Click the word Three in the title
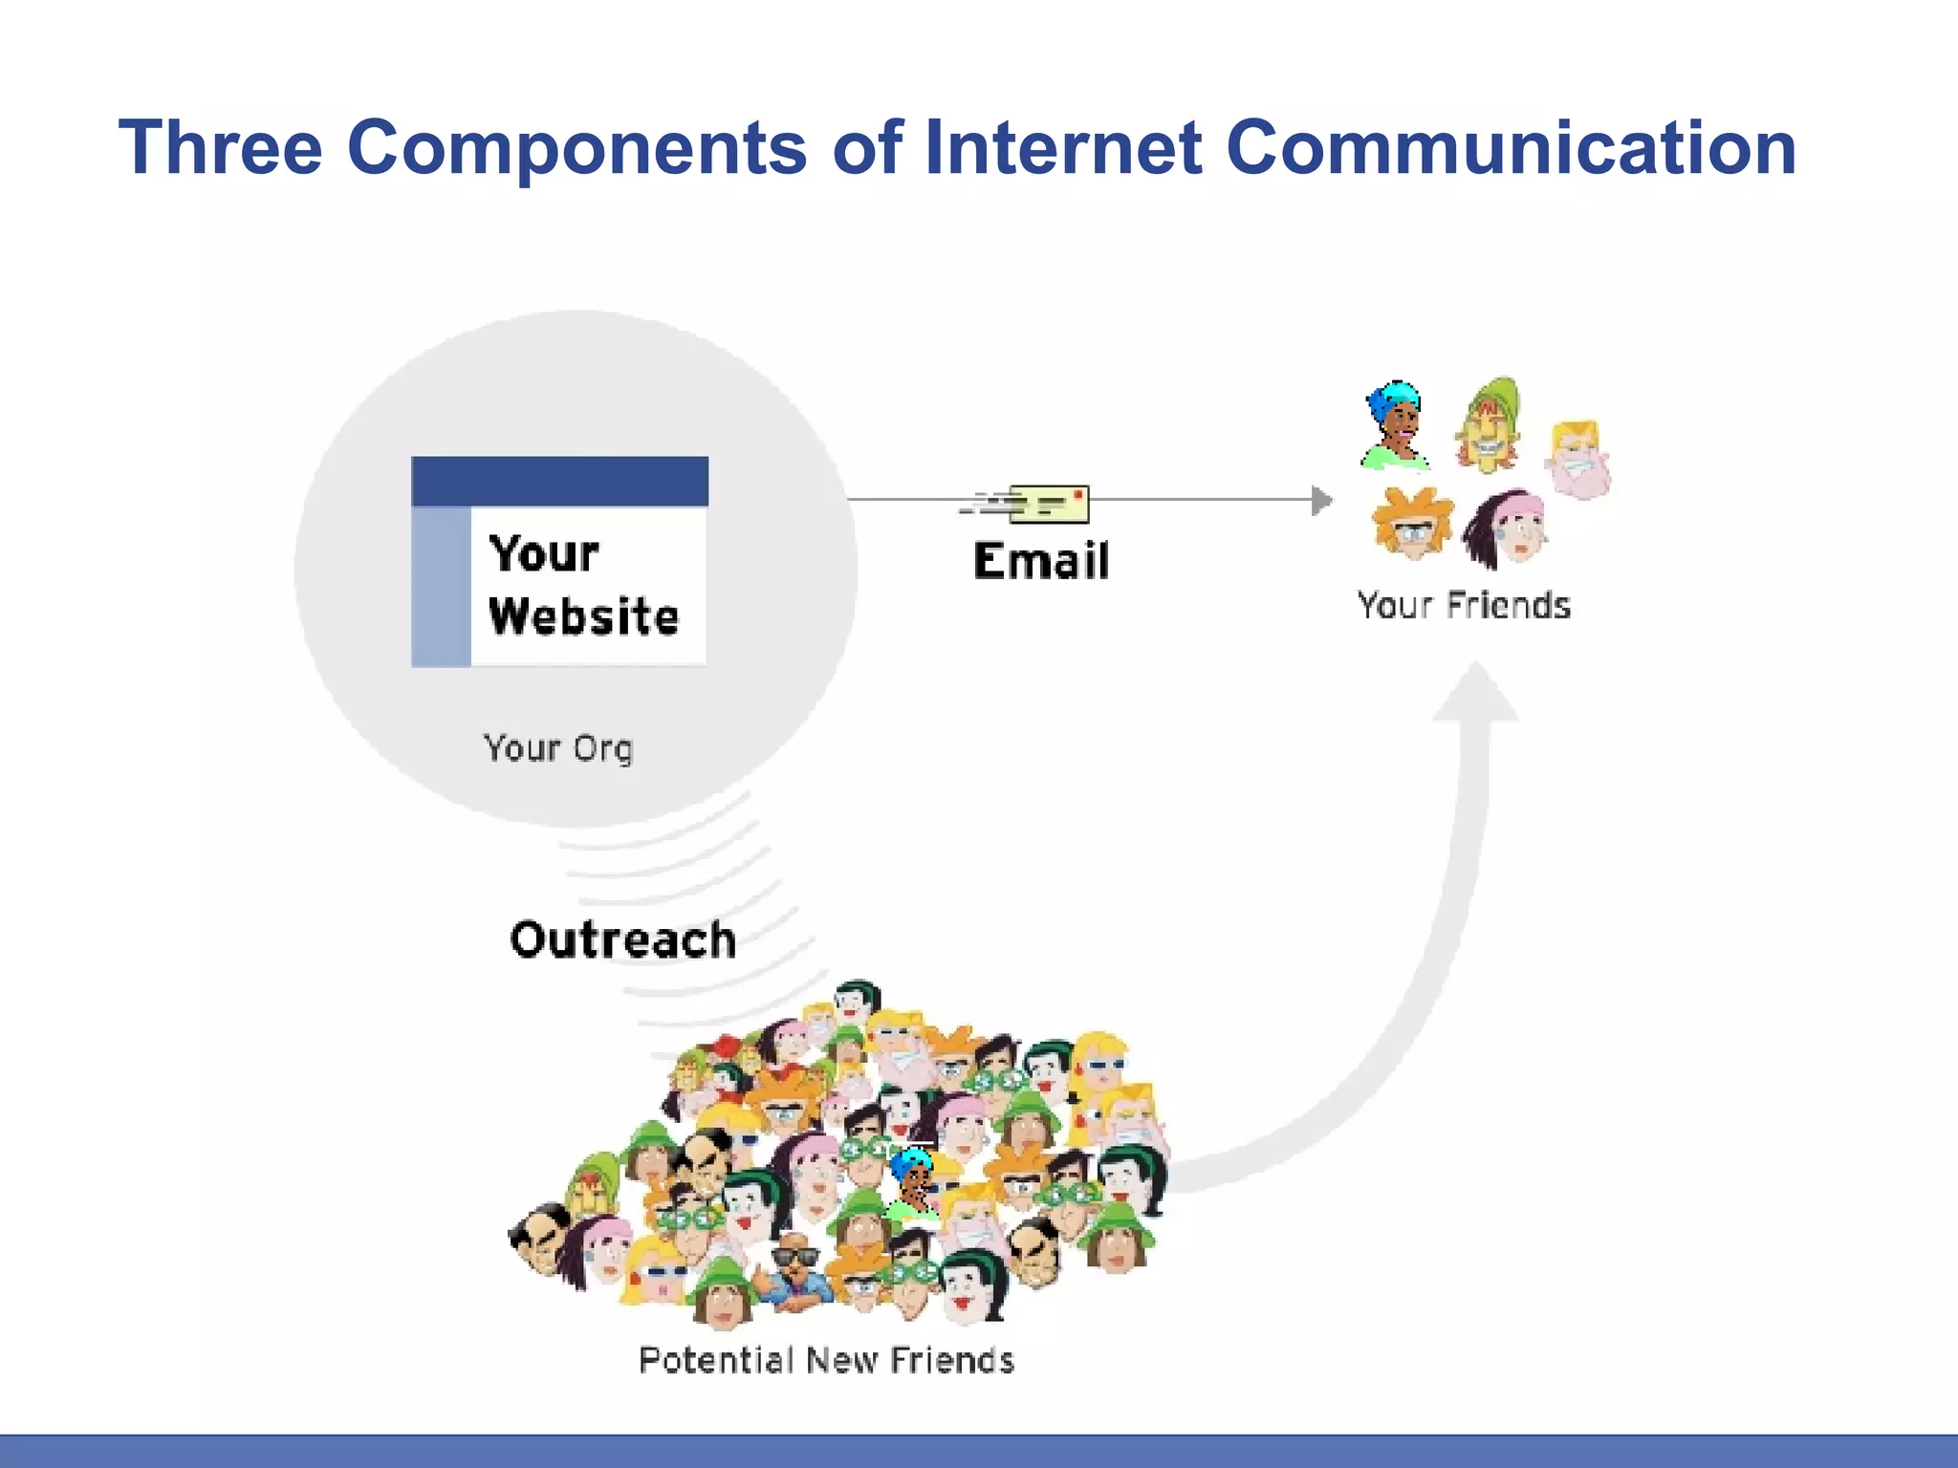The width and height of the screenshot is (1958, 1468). (x=220, y=148)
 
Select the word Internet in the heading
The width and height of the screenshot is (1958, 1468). (x=1062, y=148)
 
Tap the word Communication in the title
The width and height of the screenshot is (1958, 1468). (x=1511, y=148)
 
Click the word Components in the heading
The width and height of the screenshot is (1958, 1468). (x=577, y=148)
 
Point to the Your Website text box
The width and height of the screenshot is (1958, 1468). (x=585, y=585)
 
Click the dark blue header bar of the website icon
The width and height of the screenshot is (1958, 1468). (x=559, y=481)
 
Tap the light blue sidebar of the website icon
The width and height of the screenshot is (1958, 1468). (x=441, y=585)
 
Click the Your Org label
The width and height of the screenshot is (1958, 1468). (x=558, y=748)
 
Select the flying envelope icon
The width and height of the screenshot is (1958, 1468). (x=1048, y=504)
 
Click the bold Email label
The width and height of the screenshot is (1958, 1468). (x=1041, y=561)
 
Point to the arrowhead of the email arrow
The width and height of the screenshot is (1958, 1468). (x=1321, y=500)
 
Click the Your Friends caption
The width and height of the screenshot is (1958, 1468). (x=1464, y=606)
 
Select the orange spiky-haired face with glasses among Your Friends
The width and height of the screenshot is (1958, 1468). (x=1412, y=524)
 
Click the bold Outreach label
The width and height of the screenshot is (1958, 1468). (x=623, y=939)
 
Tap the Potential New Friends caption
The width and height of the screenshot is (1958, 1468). (x=826, y=1360)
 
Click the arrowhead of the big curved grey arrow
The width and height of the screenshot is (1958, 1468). (x=1475, y=693)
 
